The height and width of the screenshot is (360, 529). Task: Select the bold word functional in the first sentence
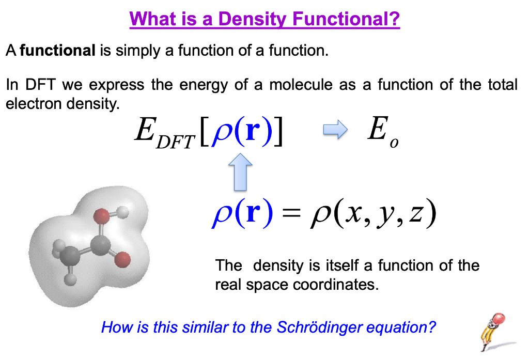pos(57,51)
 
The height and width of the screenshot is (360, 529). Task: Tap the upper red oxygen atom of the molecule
pos(103,215)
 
